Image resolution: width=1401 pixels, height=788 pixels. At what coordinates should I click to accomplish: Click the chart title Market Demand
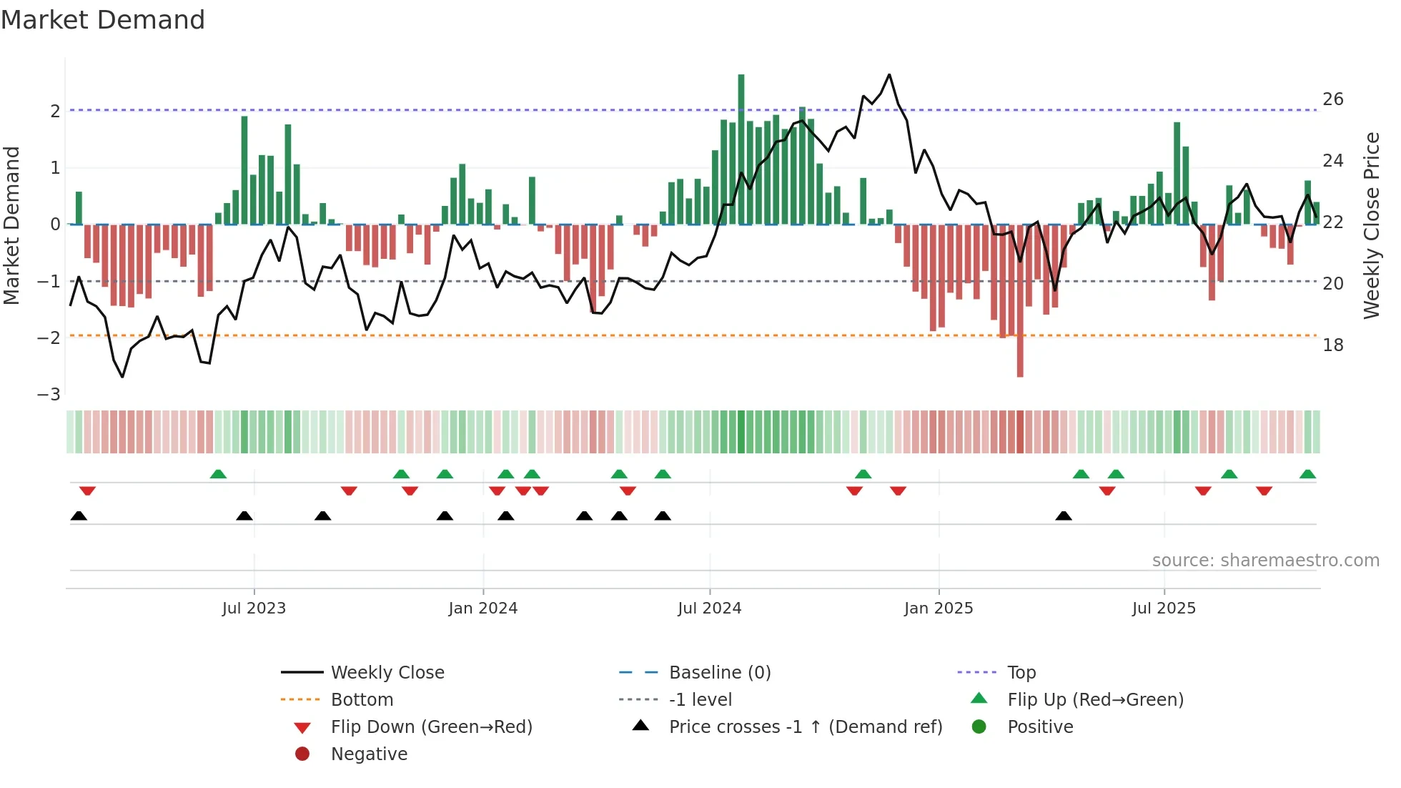[103, 20]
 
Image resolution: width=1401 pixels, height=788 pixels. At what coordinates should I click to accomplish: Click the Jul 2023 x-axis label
[254, 609]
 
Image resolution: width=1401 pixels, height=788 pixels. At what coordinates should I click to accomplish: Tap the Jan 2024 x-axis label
[482, 609]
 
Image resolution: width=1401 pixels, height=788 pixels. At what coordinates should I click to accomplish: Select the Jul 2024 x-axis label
[709, 609]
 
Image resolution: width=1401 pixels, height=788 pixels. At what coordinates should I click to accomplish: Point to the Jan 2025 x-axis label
[938, 609]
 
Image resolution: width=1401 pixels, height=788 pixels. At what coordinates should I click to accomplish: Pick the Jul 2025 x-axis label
[1164, 609]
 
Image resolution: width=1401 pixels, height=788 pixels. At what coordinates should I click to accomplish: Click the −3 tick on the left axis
[49, 395]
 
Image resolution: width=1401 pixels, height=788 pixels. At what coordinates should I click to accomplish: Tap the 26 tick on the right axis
[1333, 99]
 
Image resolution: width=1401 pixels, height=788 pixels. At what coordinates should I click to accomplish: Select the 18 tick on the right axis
[1333, 345]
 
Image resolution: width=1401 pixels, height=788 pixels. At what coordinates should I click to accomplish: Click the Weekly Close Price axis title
[1371, 225]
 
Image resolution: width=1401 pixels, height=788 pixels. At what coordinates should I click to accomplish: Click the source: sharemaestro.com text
[1265, 561]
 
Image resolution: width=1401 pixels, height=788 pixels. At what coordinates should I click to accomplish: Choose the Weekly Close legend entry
[387, 673]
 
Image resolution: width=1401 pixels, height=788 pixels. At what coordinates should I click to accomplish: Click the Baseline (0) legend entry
[720, 673]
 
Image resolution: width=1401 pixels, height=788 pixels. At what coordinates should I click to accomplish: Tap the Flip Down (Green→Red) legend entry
[431, 727]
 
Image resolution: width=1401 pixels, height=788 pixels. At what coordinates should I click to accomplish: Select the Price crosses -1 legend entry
[806, 727]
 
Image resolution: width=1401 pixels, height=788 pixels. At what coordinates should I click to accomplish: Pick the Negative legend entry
[369, 754]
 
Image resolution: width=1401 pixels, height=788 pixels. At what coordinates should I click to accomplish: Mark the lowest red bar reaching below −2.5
[1020, 358]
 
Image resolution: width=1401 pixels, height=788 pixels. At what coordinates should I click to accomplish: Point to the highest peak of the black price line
[889, 74]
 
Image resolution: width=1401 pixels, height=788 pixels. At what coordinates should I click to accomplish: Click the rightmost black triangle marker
[1064, 516]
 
